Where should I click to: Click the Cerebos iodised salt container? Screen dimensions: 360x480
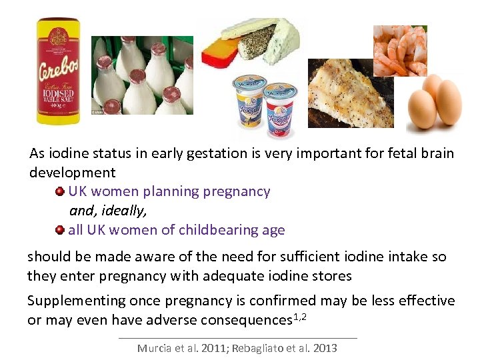point(59,73)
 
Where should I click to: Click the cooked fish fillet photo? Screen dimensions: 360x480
point(350,93)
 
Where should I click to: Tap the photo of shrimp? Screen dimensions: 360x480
point(400,50)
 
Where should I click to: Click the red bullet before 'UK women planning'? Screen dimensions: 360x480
point(60,192)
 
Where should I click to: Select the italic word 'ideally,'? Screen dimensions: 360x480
point(123,211)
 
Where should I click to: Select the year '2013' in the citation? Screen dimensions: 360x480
point(324,348)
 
